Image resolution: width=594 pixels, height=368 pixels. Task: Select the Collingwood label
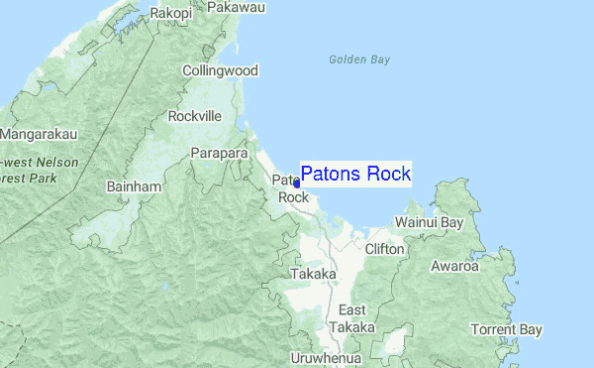point(220,70)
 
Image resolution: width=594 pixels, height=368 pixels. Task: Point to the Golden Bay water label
point(359,60)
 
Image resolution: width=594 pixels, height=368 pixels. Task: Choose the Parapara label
point(219,154)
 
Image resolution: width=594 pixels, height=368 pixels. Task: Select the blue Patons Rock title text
point(355,175)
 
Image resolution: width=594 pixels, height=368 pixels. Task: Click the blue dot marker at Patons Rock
point(297,184)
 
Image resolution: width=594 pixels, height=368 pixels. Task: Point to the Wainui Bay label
point(429,223)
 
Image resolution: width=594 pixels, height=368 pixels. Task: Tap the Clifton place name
point(384,249)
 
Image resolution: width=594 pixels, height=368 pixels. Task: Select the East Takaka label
point(351,318)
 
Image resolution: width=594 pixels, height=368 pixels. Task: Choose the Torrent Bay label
point(507,328)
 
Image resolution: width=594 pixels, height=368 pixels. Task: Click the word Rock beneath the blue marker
point(293,197)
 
